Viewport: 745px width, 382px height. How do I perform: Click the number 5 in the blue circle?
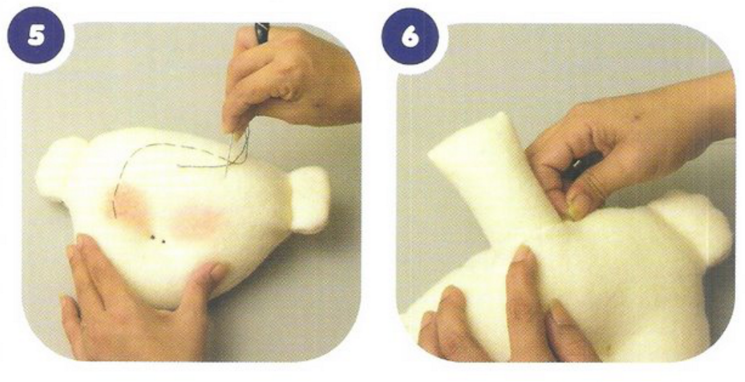pyautogui.click(x=36, y=36)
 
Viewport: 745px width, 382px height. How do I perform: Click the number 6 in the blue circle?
pyautogui.click(x=410, y=36)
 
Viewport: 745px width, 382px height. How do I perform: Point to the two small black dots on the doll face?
pyautogui.click(x=158, y=240)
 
